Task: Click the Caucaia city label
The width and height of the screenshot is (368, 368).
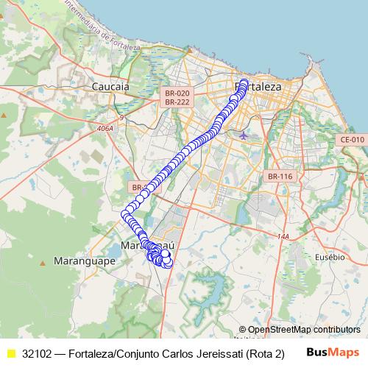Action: point(110,86)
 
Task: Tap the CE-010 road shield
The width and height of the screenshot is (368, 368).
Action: point(352,139)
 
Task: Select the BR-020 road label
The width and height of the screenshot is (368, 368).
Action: point(177,93)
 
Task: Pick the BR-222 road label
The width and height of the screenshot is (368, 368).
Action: point(177,102)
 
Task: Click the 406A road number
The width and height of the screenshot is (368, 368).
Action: point(105,128)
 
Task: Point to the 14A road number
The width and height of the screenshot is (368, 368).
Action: point(283,236)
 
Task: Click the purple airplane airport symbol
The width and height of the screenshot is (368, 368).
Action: point(244,135)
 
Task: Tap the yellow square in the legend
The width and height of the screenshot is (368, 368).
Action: point(11,353)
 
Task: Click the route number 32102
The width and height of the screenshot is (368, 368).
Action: point(37,353)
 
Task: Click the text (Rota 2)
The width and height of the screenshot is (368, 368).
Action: point(265,353)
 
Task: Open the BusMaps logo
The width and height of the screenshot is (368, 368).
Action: point(332,352)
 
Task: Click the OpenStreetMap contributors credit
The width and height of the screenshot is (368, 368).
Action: point(304,330)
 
